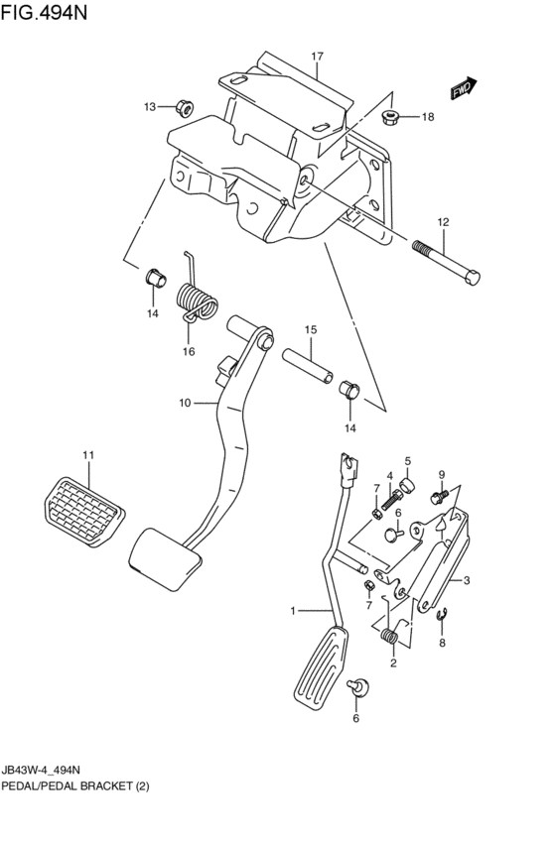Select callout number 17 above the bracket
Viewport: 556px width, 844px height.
(318, 57)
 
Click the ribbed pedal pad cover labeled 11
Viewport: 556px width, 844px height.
(86, 502)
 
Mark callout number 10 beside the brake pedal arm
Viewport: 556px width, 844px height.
(184, 403)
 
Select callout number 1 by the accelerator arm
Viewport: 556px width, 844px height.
(293, 611)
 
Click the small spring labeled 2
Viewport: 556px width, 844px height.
(391, 635)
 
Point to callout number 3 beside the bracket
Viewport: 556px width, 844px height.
(468, 580)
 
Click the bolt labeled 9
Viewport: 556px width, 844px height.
(438, 493)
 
